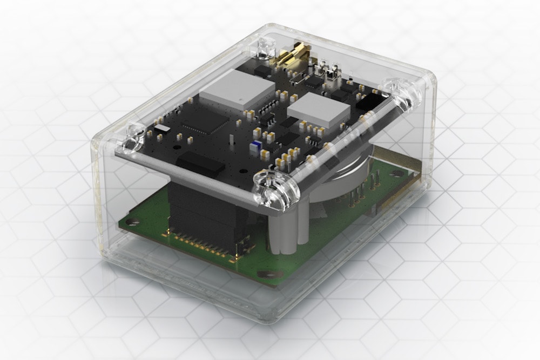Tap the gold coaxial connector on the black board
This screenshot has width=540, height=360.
(x=294, y=56)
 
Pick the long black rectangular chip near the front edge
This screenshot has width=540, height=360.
(x=200, y=162)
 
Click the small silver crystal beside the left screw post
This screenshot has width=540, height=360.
(x=162, y=128)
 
